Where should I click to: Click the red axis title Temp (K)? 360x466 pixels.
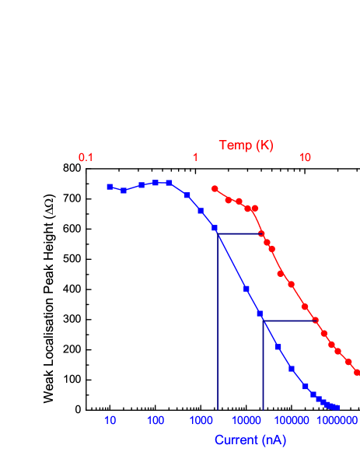(x=246, y=145)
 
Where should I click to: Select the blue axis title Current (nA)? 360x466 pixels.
(x=250, y=440)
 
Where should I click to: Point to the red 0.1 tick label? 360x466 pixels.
(x=86, y=158)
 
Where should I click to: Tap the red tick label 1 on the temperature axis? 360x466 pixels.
(x=196, y=158)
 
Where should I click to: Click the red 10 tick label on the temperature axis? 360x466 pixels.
(x=306, y=158)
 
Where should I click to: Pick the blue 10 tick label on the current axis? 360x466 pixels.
(x=110, y=421)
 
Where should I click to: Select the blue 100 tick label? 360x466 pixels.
(x=156, y=421)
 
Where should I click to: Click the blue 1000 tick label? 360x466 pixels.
(x=201, y=421)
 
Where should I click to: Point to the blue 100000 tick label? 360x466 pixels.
(x=292, y=421)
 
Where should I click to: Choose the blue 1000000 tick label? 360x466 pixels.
(x=339, y=421)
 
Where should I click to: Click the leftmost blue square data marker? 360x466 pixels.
(x=110, y=187)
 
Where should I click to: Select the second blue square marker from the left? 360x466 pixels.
(x=124, y=191)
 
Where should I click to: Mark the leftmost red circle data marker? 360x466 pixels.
(x=215, y=188)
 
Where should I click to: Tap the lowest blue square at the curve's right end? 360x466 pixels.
(x=337, y=408)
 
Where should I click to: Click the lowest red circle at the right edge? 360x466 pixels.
(x=357, y=373)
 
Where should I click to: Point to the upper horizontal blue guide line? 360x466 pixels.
(x=239, y=233)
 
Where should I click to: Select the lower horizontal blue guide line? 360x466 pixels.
(x=289, y=321)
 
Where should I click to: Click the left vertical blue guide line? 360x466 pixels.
(x=217, y=327)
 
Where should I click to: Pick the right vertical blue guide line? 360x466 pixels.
(x=263, y=366)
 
